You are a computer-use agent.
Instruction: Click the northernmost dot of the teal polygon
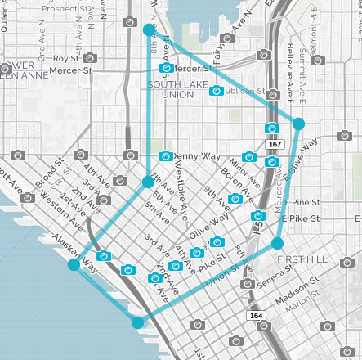click(149, 29)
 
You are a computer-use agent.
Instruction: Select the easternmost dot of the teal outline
click(299, 124)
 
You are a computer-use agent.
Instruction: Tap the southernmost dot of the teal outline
click(137, 322)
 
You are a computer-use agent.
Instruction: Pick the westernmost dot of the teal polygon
click(74, 265)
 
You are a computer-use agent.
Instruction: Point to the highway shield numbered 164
click(257, 314)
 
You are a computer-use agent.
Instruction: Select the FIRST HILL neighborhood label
click(302, 259)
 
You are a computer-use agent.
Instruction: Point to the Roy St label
click(65, 59)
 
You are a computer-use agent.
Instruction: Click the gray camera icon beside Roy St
click(90, 58)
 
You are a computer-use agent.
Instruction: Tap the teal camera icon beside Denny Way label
click(166, 155)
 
